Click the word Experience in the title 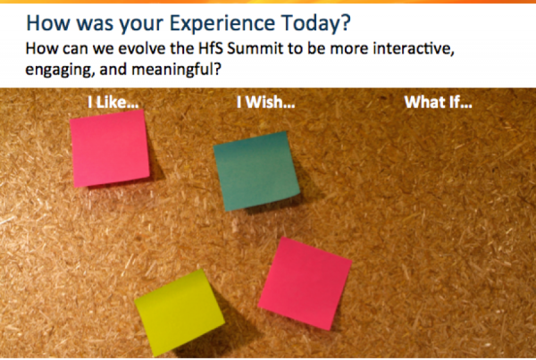[222, 24]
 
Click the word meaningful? [176, 70]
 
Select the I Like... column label [113, 102]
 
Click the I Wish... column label [265, 102]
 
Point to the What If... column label [438, 102]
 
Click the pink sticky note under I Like [110, 148]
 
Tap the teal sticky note [256, 171]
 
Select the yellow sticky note [180, 313]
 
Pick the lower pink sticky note [305, 283]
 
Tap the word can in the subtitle [75, 49]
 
